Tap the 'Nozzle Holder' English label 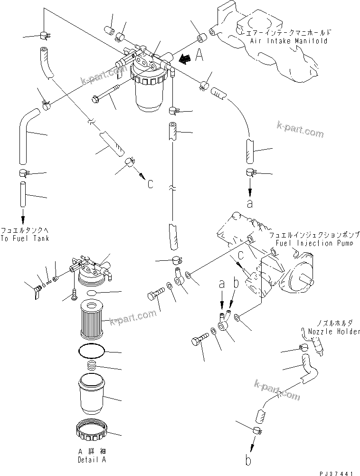click(x=334, y=331)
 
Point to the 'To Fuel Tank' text click(x=25, y=238)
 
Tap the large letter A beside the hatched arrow click(x=199, y=57)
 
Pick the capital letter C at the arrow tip click(x=150, y=183)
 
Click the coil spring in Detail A click(x=93, y=366)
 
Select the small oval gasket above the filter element click(x=93, y=293)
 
